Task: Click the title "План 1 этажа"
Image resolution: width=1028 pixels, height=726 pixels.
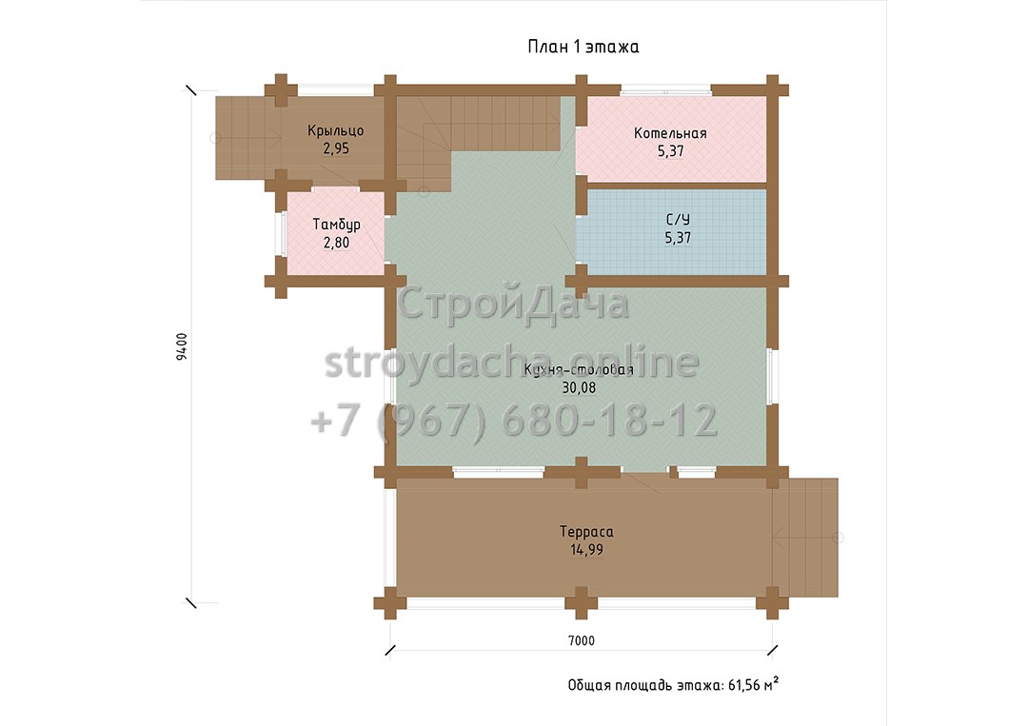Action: click(583, 47)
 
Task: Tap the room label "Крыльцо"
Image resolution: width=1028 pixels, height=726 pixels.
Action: click(336, 131)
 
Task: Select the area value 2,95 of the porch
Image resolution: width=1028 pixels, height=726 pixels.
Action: click(336, 148)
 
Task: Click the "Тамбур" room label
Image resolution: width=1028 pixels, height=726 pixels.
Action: click(336, 226)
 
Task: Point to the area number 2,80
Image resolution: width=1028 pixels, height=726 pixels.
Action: click(336, 243)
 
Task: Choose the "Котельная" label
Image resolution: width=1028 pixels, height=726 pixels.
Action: click(670, 133)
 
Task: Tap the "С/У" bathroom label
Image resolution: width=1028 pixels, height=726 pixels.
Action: click(678, 220)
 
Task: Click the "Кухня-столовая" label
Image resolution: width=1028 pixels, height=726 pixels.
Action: click(579, 369)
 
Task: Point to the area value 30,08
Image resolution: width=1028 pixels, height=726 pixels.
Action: click(579, 388)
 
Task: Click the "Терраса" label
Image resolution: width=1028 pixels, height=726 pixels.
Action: click(586, 532)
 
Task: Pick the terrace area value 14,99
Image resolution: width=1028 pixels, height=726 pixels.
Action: click(586, 550)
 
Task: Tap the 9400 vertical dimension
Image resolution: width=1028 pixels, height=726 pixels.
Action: click(182, 346)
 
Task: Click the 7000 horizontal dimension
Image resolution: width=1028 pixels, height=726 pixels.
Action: click(582, 640)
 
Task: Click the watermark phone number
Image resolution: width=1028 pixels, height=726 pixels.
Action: click(514, 420)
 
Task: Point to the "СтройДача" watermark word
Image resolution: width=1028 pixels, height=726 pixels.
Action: click(513, 304)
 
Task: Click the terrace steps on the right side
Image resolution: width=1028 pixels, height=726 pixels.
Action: click(805, 538)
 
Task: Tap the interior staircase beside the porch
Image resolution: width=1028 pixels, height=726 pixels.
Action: click(479, 141)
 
